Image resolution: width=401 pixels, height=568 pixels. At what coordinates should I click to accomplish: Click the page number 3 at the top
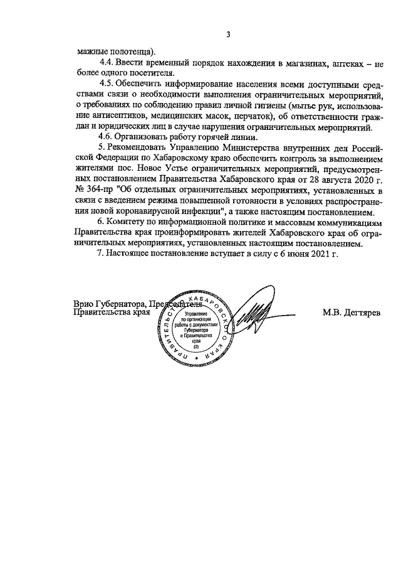click(229, 35)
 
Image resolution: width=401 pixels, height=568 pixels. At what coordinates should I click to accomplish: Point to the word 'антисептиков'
click(109, 116)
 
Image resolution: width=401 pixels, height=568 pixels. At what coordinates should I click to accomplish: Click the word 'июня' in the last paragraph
click(298, 255)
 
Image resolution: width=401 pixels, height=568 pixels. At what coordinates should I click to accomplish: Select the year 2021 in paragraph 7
click(321, 255)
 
